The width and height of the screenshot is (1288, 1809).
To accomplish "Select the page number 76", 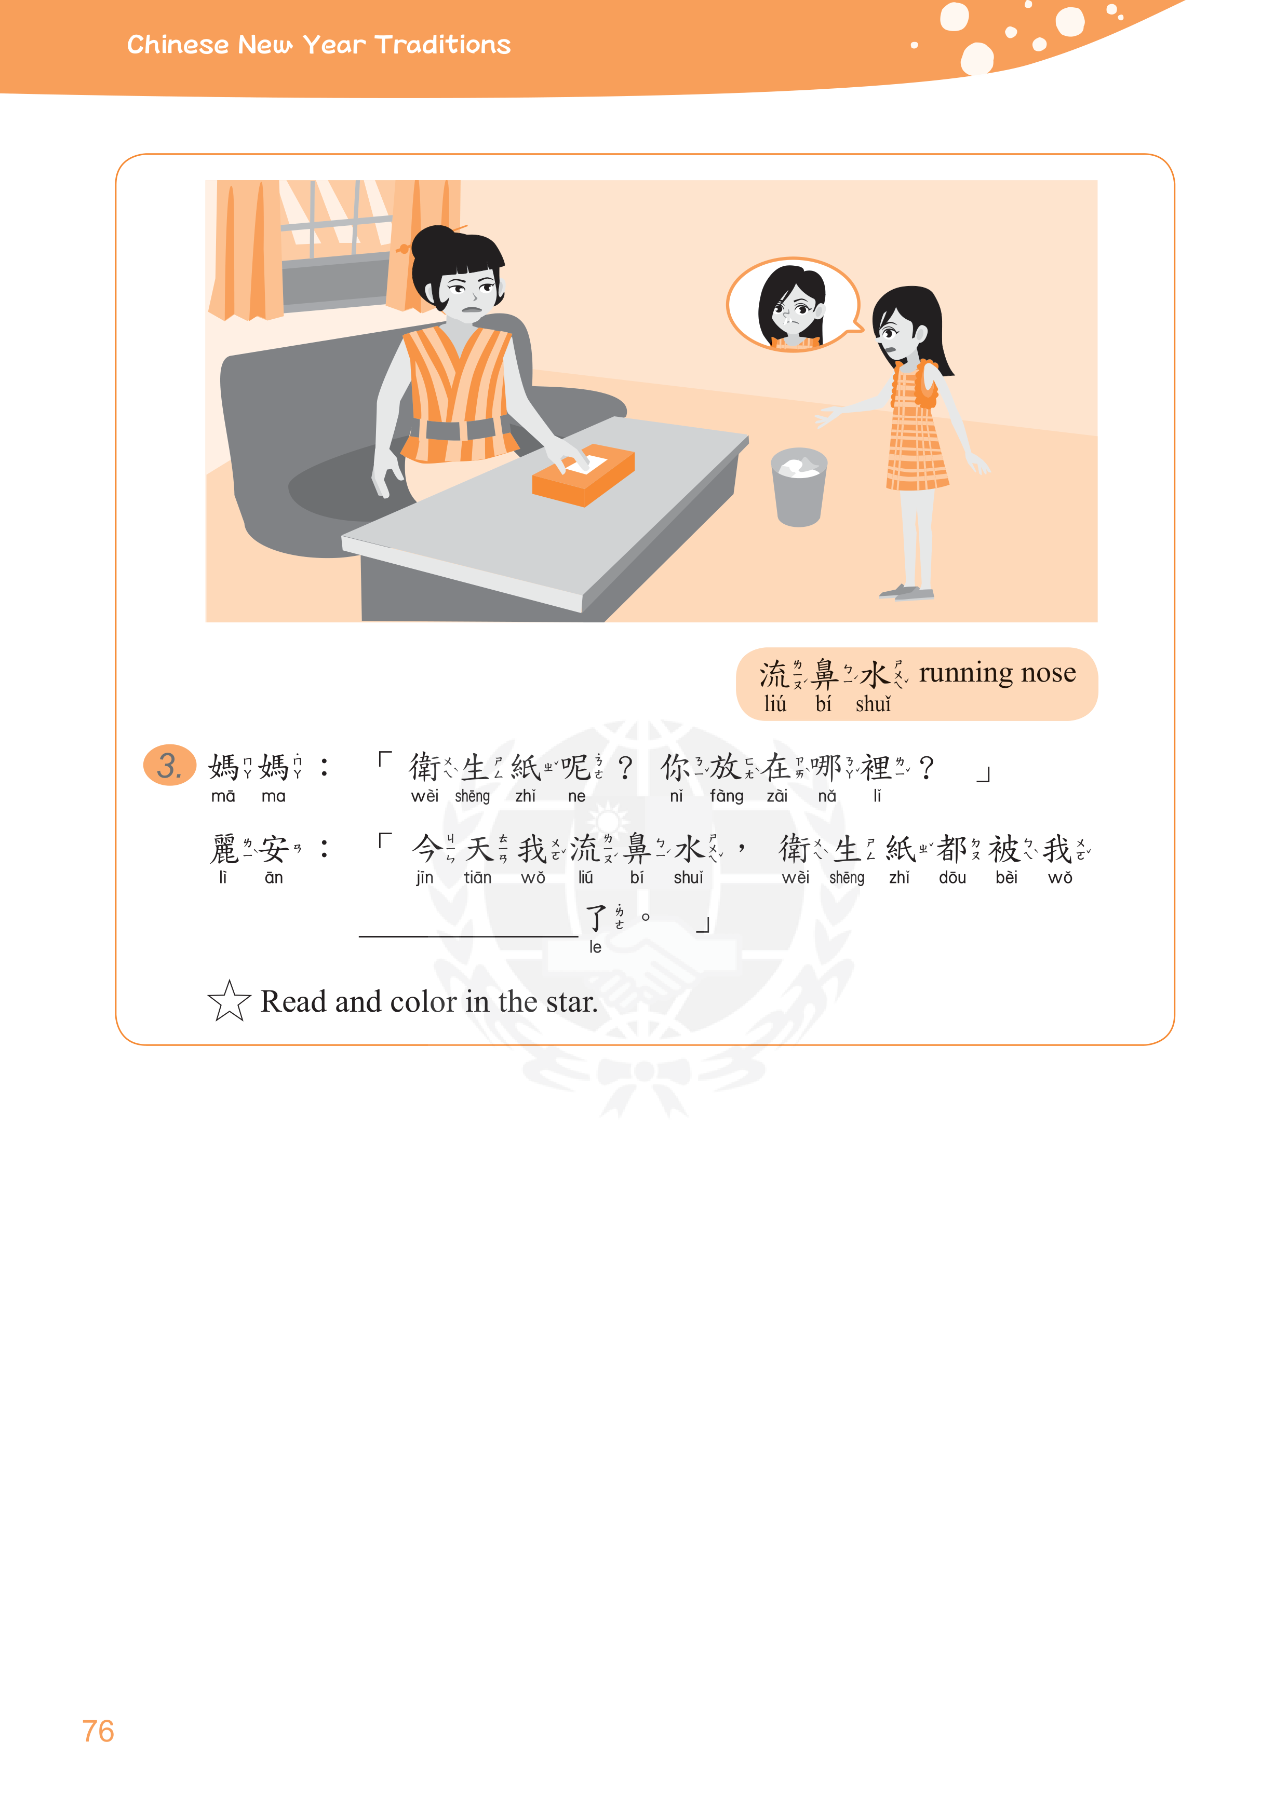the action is pos(98,1731).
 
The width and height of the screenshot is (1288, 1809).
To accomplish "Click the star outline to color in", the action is pos(229,1001).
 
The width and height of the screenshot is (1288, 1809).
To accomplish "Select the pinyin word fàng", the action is pos(727,796).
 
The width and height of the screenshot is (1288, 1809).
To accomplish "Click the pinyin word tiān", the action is pos(477,878).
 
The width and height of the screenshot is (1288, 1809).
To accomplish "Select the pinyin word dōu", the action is pos(952,878).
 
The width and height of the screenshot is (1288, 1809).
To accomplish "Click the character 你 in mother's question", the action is pos(676,767).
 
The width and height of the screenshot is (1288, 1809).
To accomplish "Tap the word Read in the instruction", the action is pos(293,1002).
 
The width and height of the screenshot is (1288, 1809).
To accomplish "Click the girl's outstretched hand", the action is pos(829,415).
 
